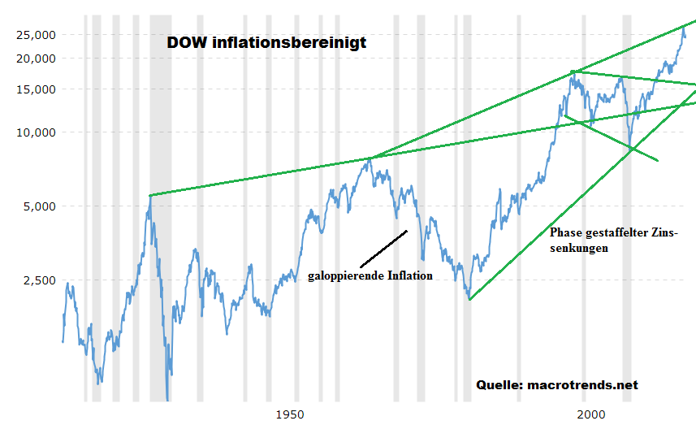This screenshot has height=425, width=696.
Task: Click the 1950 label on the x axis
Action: (290, 414)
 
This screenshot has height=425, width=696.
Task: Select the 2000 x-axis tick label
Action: (588, 414)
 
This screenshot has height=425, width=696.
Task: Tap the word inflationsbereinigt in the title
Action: (288, 42)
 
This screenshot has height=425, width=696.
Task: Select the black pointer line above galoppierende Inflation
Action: (383, 249)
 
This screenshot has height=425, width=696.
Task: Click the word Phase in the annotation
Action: (566, 232)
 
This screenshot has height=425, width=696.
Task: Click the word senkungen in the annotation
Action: (579, 249)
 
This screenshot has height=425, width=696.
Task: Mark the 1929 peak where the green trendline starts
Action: (150, 195)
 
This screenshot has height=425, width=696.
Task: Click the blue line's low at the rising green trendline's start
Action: (469, 299)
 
